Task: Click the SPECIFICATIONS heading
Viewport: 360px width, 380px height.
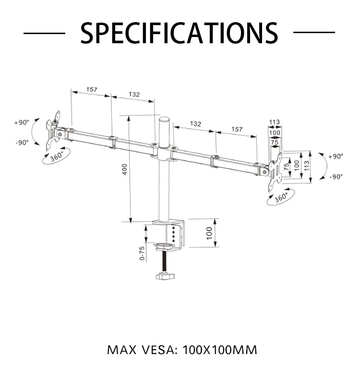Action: click(x=179, y=33)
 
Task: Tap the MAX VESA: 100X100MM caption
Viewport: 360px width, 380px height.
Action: click(x=182, y=349)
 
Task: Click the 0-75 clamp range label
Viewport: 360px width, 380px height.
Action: click(x=142, y=253)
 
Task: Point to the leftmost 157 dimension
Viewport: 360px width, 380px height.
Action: click(x=92, y=90)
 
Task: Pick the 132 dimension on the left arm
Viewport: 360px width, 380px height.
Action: click(x=134, y=95)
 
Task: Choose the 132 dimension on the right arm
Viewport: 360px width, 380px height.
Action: click(x=195, y=123)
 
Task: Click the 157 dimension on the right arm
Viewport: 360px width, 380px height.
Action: click(x=237, y=129)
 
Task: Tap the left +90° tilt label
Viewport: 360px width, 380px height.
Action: click(x=22, y=123)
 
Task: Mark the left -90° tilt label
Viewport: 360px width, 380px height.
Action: click(x=22, y=142)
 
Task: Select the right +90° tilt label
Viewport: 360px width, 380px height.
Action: click(x=336, y=157)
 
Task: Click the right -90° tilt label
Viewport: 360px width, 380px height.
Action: click(x=336, y=177)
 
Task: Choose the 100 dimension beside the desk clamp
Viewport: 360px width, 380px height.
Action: click(x=209, y=233)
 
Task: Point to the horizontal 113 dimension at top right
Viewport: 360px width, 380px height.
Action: click(x=274, y=122)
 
